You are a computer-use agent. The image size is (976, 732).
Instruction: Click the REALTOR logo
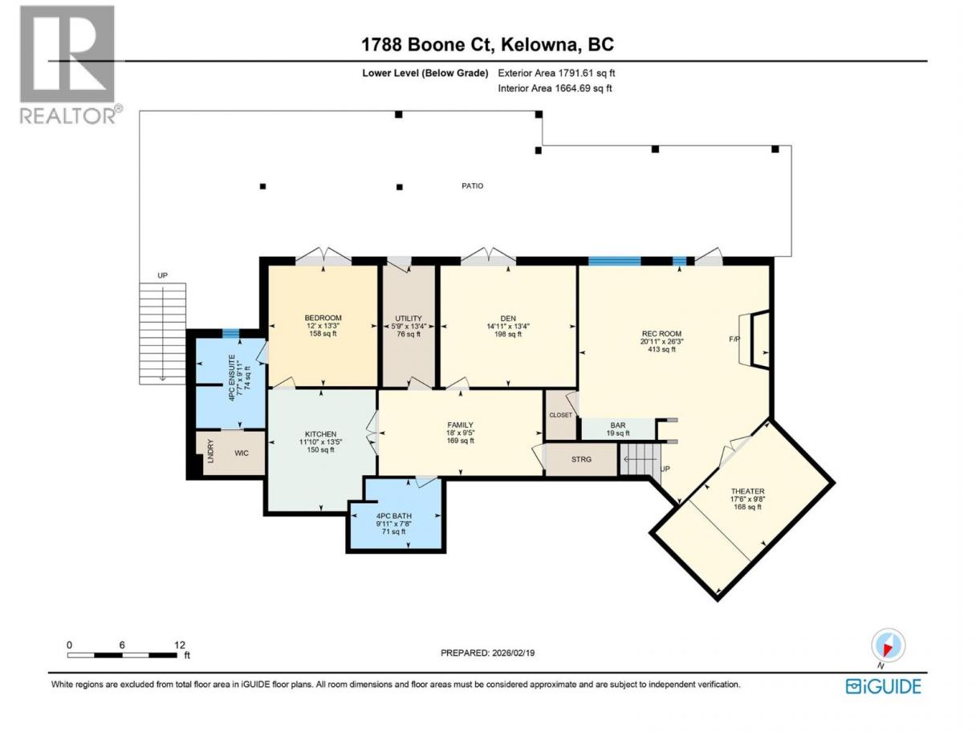click(x=71, y=65)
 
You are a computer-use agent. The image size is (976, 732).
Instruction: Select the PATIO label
click(x=472, y=185)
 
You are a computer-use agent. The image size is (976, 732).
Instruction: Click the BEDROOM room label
click(x=323, y=318)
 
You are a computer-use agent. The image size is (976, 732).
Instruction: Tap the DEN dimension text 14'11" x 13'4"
click(x=508, y=326)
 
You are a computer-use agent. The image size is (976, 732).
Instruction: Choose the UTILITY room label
click(x=409, y=318)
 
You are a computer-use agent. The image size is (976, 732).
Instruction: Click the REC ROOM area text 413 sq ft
click(x=661, y=349)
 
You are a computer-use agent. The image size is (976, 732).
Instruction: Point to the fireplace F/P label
click(x=734, y=339)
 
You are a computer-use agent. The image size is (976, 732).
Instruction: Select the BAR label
click(x=617, y=425)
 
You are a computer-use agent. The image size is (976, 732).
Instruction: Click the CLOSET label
click(x=560, y=415)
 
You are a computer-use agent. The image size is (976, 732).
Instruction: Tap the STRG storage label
click(x=581, y=460)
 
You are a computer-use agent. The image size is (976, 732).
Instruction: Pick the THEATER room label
click(x=747, y=491)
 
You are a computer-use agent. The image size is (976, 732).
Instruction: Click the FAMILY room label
click(x=460, y=425)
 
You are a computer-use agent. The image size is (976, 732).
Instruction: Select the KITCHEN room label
click(x=320, y=434)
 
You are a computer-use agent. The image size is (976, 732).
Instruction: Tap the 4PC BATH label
click(x=394, y=516)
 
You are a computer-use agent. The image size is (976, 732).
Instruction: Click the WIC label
click(x=242, y=453)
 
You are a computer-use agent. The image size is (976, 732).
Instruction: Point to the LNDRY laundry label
click(x=211, y=451)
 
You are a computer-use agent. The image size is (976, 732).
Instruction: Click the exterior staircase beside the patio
click(x=162, y=334)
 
